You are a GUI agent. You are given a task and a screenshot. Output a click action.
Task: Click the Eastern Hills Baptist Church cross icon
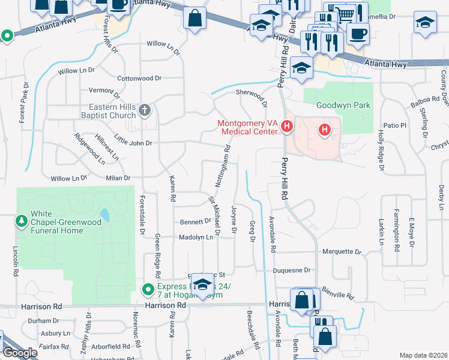[144, 110]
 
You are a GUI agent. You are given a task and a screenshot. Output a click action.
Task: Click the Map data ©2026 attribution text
[423, 355]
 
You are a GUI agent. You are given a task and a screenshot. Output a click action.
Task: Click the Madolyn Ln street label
[196, 238]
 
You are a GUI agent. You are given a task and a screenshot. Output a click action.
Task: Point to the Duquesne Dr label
[291, 271]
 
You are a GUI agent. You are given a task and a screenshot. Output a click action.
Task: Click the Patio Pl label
[395, 125]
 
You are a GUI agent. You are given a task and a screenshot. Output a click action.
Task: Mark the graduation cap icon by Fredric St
[203, 284]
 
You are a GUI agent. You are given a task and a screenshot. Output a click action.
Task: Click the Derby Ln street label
[441, 197]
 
